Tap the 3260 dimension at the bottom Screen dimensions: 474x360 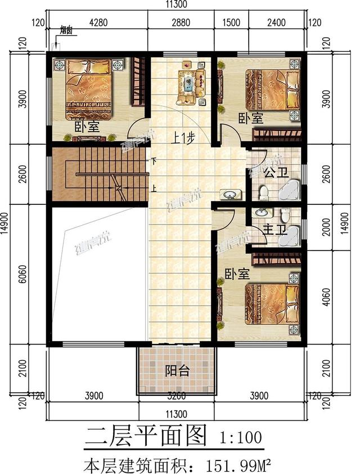tap(177, 395)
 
